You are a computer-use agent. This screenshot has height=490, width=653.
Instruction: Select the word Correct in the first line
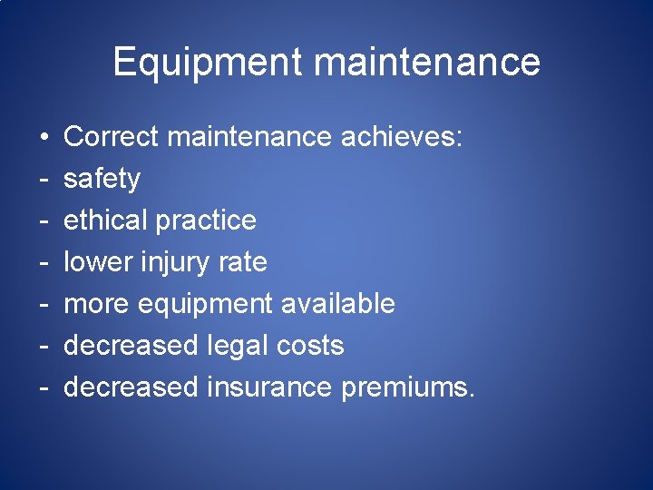[112, 137]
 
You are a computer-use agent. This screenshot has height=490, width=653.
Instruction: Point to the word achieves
[402, 137]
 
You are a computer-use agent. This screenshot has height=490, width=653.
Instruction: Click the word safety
[102, 179]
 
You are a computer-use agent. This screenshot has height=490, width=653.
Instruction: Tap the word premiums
[407, 387]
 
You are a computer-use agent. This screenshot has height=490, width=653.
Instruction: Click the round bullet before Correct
[44, 138]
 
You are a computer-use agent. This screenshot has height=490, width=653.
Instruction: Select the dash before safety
[44, 180]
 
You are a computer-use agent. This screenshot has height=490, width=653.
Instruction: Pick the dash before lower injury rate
[44, 263]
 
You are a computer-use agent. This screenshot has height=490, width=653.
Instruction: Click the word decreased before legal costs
[131, 346]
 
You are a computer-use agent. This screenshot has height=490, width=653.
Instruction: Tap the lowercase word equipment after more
[206, 304]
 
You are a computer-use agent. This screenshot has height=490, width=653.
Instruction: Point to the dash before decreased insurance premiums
[44, 388]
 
